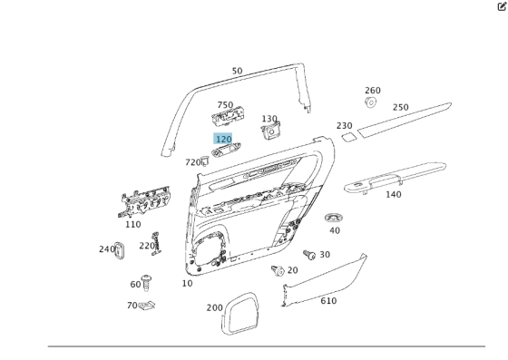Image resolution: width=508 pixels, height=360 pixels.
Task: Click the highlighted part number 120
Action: tap(223, 139)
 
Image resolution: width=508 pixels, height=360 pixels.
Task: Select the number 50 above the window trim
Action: tap(237, 71)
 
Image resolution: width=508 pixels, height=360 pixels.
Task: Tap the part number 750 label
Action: tap(224, 105)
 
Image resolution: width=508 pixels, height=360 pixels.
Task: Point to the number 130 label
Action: tap(269, 119)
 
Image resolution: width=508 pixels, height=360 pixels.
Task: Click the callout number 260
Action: tap(373, 91)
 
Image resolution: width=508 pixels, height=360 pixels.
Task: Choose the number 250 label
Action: tap(400, 107)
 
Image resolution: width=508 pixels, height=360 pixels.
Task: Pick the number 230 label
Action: tap(344, 126)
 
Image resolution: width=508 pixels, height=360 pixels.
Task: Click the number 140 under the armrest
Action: tap(393, 194)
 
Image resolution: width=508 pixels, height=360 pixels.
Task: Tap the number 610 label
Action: tap(327, 301)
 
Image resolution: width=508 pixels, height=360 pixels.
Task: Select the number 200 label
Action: tap(214, 308)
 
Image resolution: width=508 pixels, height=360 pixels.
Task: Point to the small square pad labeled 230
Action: tap(348, 138)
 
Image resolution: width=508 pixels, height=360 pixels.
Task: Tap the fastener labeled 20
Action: tap(278, 269)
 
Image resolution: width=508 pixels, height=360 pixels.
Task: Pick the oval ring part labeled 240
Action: tap(118, 248)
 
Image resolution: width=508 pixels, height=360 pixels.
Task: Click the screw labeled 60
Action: tap(149, 284)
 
